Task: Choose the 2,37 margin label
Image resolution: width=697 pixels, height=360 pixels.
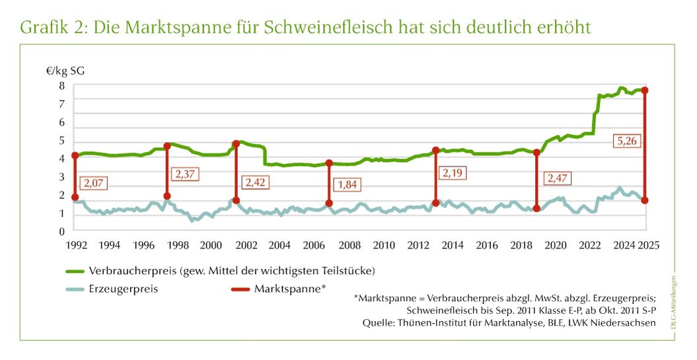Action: pos(185,174)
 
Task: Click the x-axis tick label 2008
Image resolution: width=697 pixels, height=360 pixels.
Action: pos(349,245)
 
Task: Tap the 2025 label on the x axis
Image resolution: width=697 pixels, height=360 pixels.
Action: pos(648,245)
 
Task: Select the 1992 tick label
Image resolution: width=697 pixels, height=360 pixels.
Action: pos(75,245)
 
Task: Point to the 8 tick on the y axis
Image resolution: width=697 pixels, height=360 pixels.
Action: pos(61,85)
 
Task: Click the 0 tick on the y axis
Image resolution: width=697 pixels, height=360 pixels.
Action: pos(61,231)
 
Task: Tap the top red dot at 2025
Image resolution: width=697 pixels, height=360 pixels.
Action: pos(645,90)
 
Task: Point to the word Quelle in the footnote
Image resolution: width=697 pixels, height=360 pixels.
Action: pos(377,323)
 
